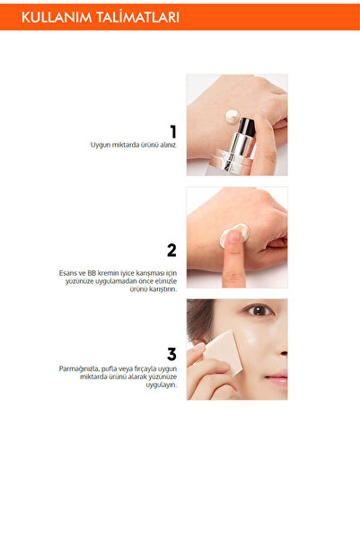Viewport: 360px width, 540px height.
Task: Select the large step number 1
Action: (171, 133)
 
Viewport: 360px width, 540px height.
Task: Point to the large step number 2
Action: (171, 251)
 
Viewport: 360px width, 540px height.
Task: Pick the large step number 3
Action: (171, 354)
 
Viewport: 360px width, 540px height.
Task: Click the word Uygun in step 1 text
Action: (100, 145)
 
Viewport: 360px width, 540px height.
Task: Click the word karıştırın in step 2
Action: (159, 289)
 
